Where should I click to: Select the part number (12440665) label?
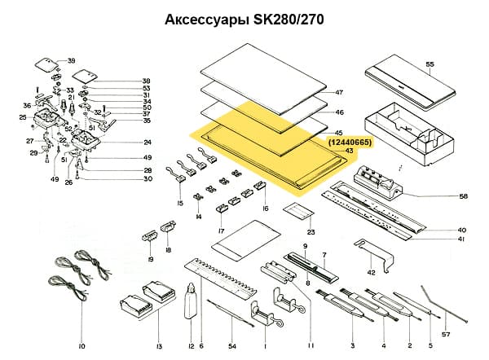pos(350,143)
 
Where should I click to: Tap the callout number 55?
pos(430,63)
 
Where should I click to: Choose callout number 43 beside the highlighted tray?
pos(348,151)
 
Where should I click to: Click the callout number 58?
pos(463,196)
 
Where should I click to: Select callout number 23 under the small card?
pos(311,233)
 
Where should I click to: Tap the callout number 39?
pos(71,61)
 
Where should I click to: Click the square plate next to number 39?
pos(48,64)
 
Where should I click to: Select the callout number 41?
pos(462,239)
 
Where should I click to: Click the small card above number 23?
pos(298,213)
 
